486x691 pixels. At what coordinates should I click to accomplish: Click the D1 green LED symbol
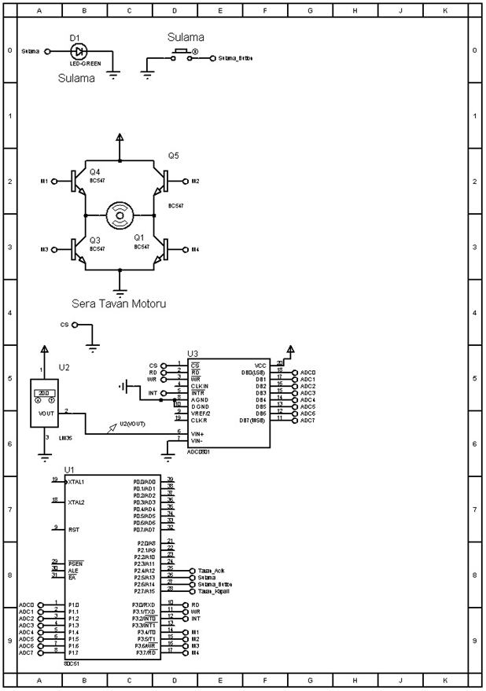pos(77,51)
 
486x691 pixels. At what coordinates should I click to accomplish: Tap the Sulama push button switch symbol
pos(181,53)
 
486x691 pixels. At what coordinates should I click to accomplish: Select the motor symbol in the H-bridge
pos(120,215)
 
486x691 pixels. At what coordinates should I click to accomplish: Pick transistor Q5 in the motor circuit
pos(162,181)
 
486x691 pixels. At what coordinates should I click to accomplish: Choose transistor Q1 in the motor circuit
pos(162,249)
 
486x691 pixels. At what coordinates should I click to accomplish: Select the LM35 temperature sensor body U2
pos(45,404)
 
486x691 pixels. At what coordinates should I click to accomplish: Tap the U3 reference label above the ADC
pos(193,355)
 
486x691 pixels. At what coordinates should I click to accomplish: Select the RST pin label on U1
pos(73,529)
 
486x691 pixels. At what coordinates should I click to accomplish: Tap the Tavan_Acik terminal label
pos(212,571)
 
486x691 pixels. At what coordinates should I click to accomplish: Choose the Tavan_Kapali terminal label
pos(213,591)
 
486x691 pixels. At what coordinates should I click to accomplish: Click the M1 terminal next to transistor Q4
pos(44,181)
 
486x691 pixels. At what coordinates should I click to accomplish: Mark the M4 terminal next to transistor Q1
pos(195,249)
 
